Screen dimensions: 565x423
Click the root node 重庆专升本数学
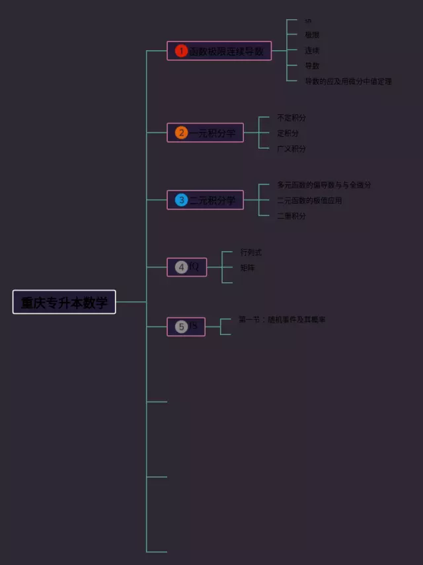64,302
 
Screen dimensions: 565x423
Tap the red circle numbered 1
181,51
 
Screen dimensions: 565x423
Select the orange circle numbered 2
181,133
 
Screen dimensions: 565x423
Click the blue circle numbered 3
181,200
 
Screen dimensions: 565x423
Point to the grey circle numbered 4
181,267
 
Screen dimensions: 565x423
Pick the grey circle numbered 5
181,326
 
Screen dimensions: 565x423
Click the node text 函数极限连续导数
226,51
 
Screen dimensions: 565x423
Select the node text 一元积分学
213,133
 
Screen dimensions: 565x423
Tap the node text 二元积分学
213,200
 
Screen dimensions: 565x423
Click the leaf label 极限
312,34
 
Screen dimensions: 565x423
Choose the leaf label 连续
312,50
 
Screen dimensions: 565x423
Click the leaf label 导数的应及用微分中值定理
348,81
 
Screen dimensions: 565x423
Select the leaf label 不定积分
291,118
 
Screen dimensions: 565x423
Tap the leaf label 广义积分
291,149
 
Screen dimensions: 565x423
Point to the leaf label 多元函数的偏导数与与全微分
324,185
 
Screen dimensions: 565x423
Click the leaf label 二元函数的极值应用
309,200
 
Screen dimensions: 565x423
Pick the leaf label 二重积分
291,215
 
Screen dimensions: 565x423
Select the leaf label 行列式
251,252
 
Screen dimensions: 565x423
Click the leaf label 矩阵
247,268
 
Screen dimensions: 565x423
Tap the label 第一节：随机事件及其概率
282,319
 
